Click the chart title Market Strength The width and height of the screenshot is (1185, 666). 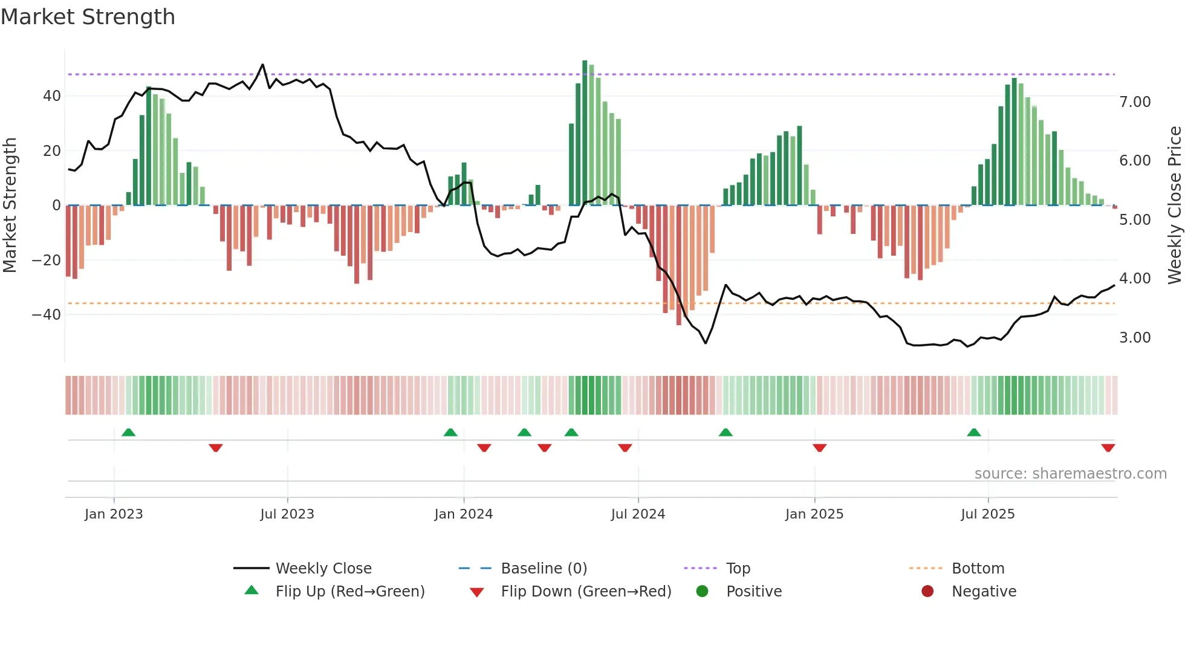click(88, 17)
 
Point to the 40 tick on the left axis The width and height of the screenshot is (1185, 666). click(52, 96)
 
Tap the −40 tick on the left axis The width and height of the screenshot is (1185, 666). click(47, 315)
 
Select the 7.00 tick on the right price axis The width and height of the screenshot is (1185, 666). click(1135, 102)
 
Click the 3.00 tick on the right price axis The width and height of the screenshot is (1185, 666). click(1135, 338)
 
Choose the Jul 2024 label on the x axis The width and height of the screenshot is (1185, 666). click(638, 514)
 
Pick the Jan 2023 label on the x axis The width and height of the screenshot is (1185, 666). click(114, 514)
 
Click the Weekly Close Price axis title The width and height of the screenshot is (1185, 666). click(1174, 205)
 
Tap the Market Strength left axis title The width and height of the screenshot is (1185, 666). click(10, 205)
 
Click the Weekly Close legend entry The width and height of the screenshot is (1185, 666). click(323, 569)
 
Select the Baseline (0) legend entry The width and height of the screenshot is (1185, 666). click(544, 569)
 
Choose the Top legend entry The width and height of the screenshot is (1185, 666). click(738, 569)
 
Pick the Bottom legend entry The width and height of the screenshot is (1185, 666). click(978, 569)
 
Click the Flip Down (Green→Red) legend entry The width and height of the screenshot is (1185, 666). click(585, 592)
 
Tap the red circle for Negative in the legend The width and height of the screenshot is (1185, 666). click(927, 592)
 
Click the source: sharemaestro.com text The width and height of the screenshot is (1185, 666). click(1070, 474)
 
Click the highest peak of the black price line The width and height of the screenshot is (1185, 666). click(262, 65)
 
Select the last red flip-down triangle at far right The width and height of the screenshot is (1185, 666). click(1108, 448)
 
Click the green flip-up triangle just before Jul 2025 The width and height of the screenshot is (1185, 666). click(973, 433)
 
